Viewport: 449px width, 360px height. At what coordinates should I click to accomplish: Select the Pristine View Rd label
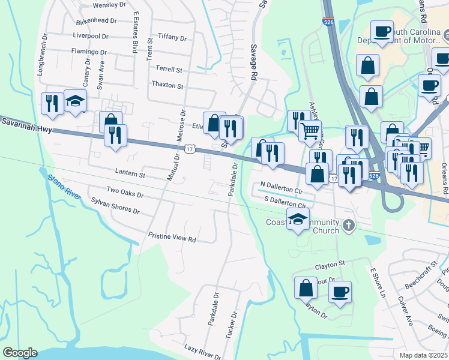click(x=172, y=238)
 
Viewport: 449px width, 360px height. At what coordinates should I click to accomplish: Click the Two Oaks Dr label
click(x=125, y=193)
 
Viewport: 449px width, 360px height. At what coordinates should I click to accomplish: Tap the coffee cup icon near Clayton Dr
click(x=340, y=292)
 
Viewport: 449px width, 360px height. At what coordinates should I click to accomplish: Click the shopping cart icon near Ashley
click(x=310, y=130)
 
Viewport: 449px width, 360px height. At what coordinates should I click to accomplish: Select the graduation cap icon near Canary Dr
click(x=75, y=101)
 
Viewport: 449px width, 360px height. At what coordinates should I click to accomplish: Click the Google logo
click(x=20, y=353)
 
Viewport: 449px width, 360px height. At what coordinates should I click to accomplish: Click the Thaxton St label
click(x=167, y=85)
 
